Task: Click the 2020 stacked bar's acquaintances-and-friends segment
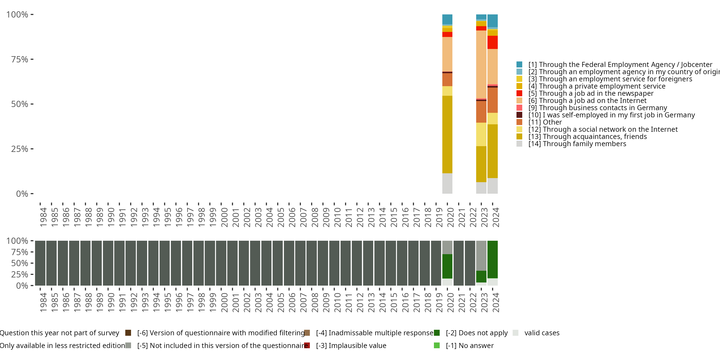coord(447,134)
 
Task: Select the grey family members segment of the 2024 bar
coord(492,186)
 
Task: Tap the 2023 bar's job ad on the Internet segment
coord(481,64)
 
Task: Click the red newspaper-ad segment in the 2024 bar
coord(492,42)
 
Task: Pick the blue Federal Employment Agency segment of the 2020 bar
coord(447,19)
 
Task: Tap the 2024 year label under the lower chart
coord(496,302)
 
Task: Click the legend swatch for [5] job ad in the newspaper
coord(519,93)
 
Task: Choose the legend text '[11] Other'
coord(545,122)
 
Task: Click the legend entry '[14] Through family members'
coord(577,144)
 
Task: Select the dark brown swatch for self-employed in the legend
coord(519,115)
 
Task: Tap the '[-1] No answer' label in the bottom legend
coord(470,345)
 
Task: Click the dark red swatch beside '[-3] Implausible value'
coord(307,345)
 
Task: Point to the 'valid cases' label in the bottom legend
coord(542,333)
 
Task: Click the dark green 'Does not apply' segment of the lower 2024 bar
coord(492,259)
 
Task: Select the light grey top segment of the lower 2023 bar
coord(481,255)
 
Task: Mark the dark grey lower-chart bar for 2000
coord(221,263)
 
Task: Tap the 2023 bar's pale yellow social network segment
coord(481,134)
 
